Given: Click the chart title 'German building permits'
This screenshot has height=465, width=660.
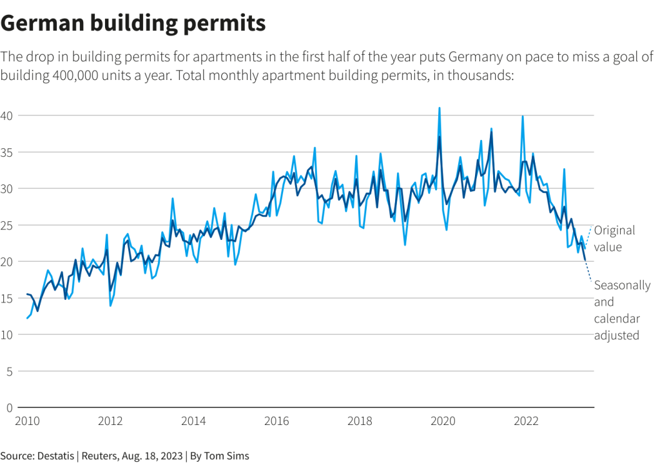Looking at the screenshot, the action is point(133,23).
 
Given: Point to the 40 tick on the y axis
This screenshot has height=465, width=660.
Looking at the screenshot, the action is point(6,115).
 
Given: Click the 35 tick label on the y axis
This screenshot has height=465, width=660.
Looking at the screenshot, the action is point(6,152).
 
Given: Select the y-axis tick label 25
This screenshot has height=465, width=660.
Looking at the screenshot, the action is point(6,225).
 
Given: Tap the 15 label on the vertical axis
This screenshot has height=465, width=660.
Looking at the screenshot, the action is point(6,298).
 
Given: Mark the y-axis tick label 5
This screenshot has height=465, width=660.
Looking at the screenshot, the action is point(9,371).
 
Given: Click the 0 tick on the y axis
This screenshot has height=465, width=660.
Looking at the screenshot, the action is point(9,408).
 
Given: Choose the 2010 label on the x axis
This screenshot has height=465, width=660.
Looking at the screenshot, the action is point(27,421).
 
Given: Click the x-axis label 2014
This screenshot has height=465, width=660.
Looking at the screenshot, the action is point(193,421).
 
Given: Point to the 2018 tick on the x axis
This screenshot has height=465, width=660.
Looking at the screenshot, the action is point(360,421).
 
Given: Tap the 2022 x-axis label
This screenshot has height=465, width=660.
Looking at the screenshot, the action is point(526,421).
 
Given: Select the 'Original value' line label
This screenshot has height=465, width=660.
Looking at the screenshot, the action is point(614,239).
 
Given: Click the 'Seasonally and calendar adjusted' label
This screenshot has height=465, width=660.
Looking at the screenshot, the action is point(622,310).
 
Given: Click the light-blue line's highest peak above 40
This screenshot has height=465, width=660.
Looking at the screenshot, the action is point(440,108).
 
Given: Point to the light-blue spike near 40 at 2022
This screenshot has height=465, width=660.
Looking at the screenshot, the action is point(523,116).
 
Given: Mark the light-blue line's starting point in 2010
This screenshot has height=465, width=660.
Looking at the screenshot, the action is point(27,318).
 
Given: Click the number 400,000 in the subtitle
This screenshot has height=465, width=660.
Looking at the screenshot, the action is point(75,75).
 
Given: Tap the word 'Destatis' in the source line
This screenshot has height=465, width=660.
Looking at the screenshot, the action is point(55,456).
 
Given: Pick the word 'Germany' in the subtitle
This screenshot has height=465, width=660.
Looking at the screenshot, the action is point(475,57).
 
